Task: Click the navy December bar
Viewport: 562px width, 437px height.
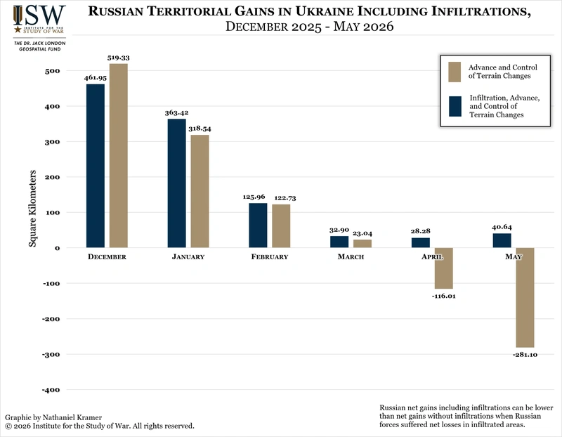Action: pos(96,166)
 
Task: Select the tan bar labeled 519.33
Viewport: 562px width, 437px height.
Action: pos(118,155)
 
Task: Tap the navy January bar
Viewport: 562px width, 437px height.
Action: pos(177,183)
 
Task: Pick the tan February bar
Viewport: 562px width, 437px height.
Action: pos(281,226)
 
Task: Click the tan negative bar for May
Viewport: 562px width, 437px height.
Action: pos(525,298)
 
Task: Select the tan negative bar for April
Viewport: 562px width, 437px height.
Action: pos(444,268)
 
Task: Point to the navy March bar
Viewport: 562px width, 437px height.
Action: pos(339,242)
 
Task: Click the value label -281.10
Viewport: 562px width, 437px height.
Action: pos(525,355)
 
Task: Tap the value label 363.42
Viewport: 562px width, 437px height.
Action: pos(177,112)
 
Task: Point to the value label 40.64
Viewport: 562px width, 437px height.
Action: pos(502,227)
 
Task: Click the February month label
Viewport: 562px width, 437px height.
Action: pos(270,256)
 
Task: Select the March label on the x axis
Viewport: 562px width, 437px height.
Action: pos(351,256)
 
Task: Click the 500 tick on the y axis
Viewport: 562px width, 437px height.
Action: pos(52,71)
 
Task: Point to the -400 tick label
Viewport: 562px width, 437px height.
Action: pos(51,390)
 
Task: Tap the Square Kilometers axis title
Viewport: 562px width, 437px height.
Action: pos(32,208)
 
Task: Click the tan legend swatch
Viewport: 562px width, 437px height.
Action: pos(455,72)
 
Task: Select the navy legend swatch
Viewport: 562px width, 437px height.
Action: pos(455,107)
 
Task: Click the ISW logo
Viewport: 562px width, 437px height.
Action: pos(39,20)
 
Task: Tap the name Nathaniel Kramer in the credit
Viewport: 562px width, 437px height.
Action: pos(72,417)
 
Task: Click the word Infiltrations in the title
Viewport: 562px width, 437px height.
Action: pos(481,11)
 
